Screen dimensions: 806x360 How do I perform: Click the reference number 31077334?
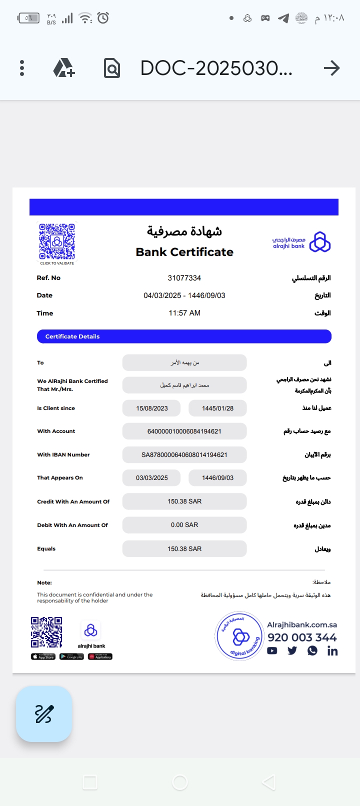point(184,278)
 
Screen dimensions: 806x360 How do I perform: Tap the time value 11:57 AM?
point(184,313)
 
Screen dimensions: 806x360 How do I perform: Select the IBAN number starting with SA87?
point(184,455)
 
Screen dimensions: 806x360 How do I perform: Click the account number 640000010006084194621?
point(184,431)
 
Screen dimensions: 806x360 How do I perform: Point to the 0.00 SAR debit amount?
point(184,525)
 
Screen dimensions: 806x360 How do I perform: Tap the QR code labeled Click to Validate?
point(57,242)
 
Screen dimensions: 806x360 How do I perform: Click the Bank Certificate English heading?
point(184,252)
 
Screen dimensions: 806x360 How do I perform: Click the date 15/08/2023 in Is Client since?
point(152,408)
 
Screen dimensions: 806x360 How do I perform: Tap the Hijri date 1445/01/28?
point(217,408)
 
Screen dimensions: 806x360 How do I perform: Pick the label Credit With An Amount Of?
point(73,501)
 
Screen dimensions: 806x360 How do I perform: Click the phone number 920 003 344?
point(302,637)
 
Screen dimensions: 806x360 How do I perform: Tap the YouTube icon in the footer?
point(272,651)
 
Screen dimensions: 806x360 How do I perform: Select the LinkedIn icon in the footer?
point(332,651)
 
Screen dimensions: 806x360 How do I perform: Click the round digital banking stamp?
point(240,636)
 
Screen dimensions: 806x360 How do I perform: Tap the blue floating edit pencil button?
point(44,714)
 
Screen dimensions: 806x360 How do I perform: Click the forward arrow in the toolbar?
point(331,68)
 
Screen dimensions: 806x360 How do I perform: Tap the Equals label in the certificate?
point(46,549)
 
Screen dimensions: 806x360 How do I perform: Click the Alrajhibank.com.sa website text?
point(302,625)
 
